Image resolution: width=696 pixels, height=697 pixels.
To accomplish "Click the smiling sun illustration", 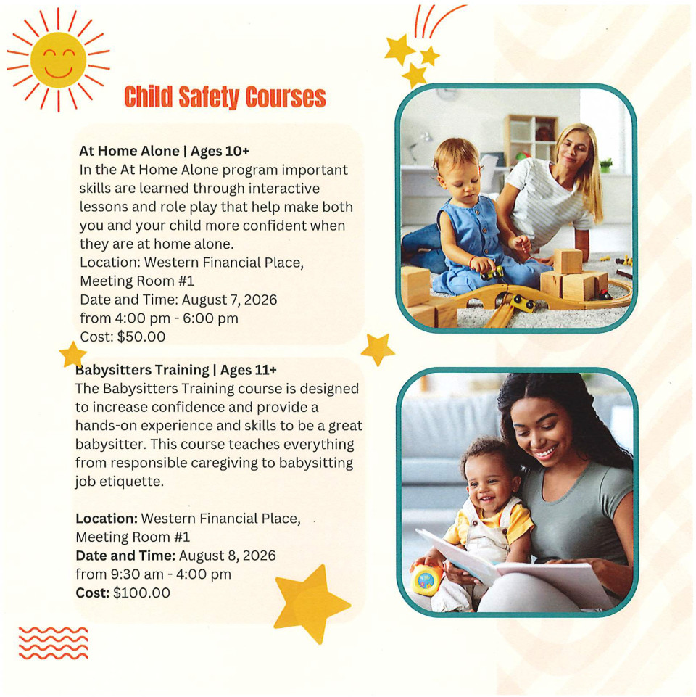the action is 58,59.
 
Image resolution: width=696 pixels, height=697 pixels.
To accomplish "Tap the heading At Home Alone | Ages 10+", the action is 164,151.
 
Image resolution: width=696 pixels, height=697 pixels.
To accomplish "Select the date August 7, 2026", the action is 229,300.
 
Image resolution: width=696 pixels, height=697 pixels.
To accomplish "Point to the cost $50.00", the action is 141,337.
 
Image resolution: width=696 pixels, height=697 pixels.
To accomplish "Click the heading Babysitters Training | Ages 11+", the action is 176,370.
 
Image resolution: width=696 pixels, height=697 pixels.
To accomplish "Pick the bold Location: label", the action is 107,519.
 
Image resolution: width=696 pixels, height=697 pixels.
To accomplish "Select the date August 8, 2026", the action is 227,556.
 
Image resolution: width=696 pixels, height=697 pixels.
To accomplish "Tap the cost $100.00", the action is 141,593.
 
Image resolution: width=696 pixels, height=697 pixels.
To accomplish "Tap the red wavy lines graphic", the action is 54,643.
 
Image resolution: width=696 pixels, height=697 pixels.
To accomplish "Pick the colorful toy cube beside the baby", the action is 426,579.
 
